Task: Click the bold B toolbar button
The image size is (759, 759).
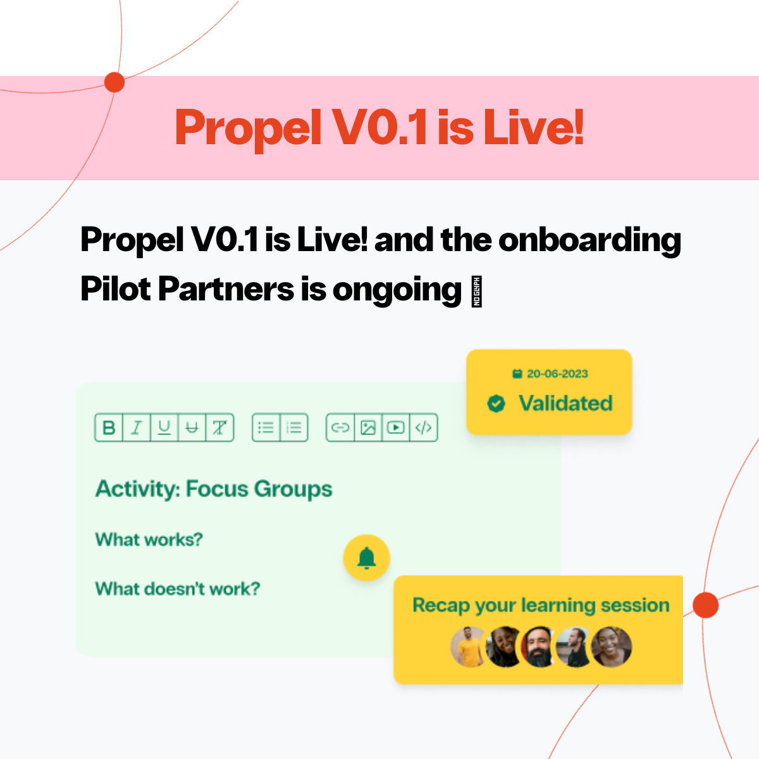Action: (x=109, y=428)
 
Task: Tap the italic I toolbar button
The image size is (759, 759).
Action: (x=136, y=428)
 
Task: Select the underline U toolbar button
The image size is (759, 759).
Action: (x=164, y=428)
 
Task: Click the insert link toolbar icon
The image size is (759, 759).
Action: (x=340, y=428)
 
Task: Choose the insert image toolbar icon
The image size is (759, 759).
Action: (x=368, y=428)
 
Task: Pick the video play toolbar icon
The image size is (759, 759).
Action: (x=396, y=428)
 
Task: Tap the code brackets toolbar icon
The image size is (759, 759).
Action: (x=424, y=428)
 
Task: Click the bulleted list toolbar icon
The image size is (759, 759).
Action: (x=266, y=428)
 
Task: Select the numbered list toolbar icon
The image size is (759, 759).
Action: (x=294, y=428)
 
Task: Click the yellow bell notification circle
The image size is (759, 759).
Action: (x=366, y=558)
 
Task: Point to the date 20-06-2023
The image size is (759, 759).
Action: (x=557, y=374)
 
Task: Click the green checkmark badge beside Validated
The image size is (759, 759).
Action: (x=497, y=403)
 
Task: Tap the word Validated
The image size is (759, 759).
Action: (x=565, y=403)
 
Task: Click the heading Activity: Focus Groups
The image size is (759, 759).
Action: (x=214, y=489)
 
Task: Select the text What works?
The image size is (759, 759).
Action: (x=149, y=540)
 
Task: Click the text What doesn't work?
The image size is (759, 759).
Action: (x=177, y=589)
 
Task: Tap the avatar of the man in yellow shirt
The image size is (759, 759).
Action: (x=469, y=647)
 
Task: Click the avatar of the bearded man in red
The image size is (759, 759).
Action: (x=538, y=647)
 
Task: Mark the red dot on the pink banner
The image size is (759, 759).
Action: (x=114, y=82)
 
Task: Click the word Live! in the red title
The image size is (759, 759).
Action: (x=533, y=127)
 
